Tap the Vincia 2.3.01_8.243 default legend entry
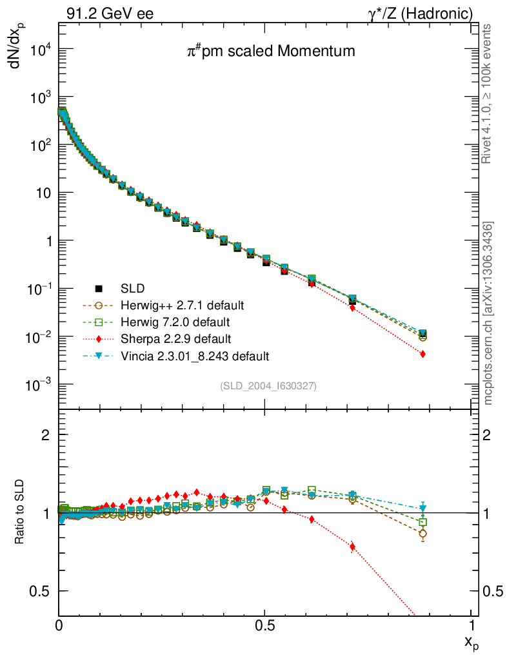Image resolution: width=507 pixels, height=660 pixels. pyautogui.click(x=195, y=355)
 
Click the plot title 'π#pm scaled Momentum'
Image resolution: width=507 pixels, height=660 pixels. pyautogui.click(x=266, y=52)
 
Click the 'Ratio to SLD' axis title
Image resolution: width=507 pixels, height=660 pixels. pyautogui.click(x=21, y=512)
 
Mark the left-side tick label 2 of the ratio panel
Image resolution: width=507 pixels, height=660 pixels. pyautogui.click(x=46, y=435)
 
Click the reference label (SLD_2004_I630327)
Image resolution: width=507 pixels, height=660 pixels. pyautogui.click(x=268, y=385)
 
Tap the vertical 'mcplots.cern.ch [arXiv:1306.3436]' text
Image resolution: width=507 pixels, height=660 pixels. pyautogui.click(x=490, y=313)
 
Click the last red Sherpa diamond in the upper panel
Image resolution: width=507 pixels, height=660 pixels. pyautogui.click(x=422, y=354)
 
